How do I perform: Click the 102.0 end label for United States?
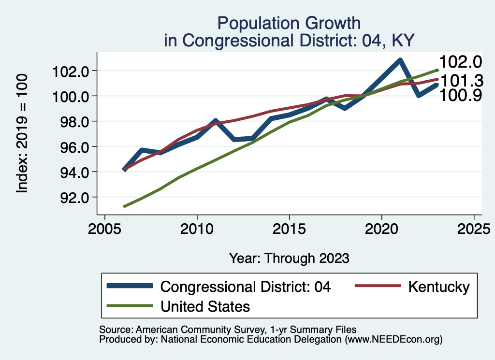[460, 62]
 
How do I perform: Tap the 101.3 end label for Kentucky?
[460, 80]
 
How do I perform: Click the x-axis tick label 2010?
[197, 228]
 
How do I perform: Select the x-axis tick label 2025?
[474, 228]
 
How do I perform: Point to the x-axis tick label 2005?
[104, 228]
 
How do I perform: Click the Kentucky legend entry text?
[438, 287]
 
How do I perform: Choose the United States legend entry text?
[205, 306]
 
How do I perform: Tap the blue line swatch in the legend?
[131, 286]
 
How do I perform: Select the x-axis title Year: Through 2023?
[289, 258]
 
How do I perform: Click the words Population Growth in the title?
[289, 23]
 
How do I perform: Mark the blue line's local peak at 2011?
[215, 121]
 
